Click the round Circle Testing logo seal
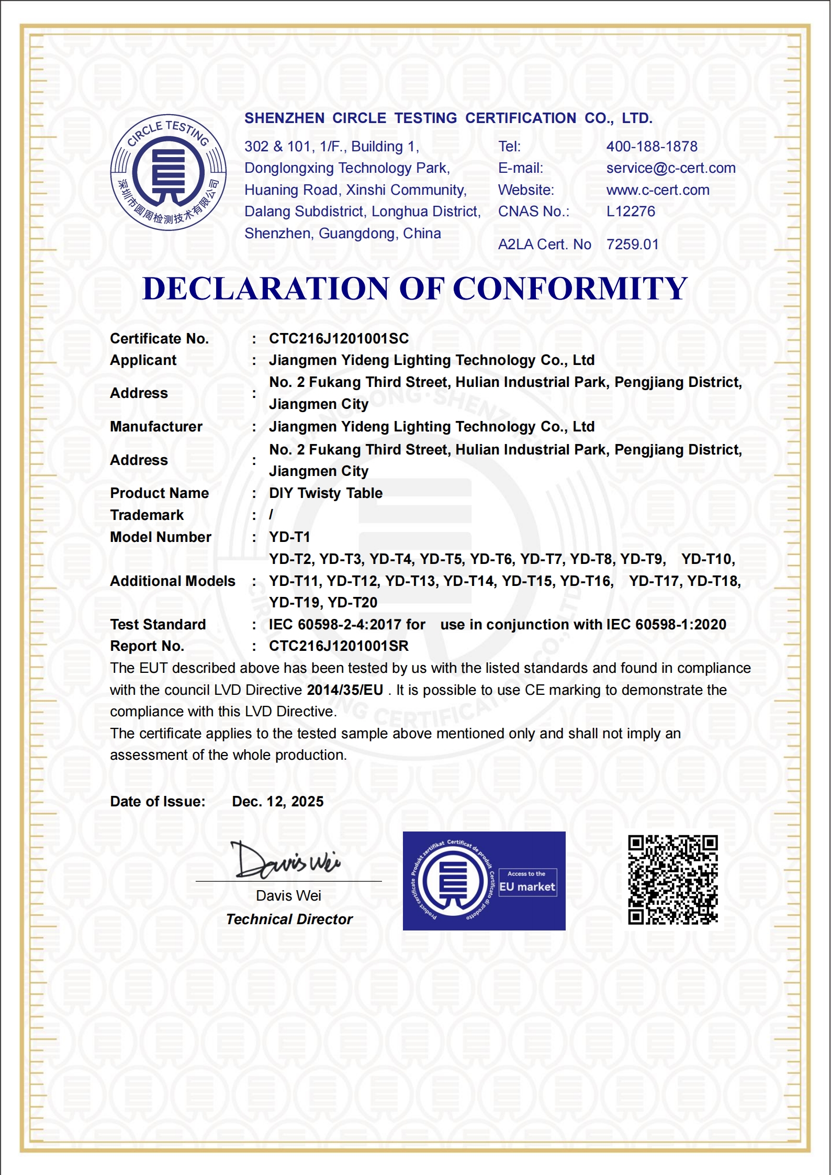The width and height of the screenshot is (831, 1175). point(168,172)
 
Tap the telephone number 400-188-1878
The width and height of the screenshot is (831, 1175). point(652,147)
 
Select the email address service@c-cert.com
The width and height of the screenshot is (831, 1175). point(671,168)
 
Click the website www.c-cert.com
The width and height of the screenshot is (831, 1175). point(658,190)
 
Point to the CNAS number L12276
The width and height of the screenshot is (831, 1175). point(631,212)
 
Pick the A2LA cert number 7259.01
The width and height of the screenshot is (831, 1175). point(632,245)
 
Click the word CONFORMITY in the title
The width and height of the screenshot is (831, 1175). point(570,289)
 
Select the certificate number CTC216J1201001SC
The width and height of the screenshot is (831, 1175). point(339,339)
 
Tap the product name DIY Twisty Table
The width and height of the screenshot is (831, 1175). point(325,493)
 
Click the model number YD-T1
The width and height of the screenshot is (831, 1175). point(289,537)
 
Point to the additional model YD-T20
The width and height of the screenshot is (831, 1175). point(353,603)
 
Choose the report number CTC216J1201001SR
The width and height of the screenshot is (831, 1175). point(339,646)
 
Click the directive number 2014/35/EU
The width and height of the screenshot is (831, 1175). point(345,690)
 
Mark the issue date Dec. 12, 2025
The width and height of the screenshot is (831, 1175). point(277,802)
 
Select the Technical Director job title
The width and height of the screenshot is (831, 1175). point(289,919)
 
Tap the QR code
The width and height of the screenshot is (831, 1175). point(672,880)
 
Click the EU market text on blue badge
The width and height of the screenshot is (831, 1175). point(527,887)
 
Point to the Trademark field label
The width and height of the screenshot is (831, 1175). point(147,515)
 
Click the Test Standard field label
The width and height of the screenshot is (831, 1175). point(158,625)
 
